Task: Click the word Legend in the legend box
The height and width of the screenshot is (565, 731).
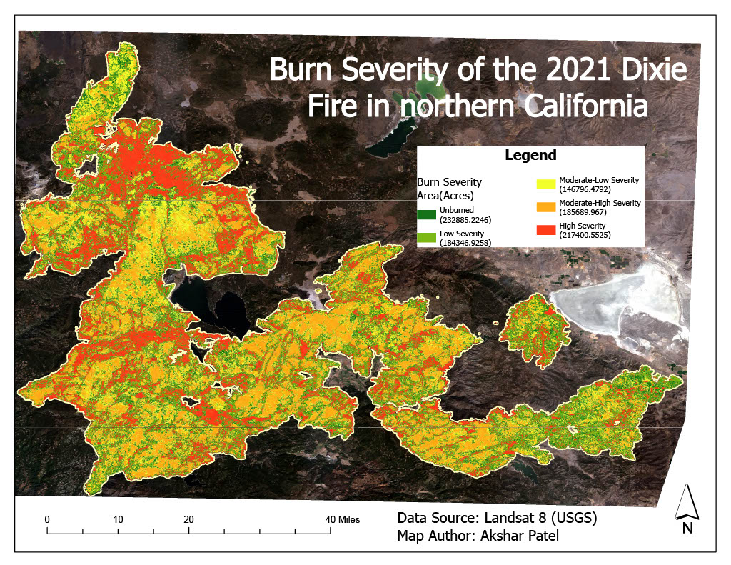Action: [530, 155]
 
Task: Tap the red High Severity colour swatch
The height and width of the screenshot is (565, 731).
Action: [546, 229]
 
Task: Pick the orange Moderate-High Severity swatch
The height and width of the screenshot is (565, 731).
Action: [546, 207]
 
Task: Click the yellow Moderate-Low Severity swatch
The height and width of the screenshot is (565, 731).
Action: [546, 184]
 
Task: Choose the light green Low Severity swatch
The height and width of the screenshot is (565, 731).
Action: [427, 237]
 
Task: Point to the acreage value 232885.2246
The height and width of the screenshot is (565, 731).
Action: [465, 219]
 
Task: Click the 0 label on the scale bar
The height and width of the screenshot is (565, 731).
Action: [47, 519]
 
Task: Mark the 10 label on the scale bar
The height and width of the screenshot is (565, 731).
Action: [118, 519]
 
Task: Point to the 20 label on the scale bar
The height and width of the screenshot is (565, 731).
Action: [189, 519]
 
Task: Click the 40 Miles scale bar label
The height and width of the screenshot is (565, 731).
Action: [343, 519]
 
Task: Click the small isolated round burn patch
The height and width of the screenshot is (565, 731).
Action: [528, 330]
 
